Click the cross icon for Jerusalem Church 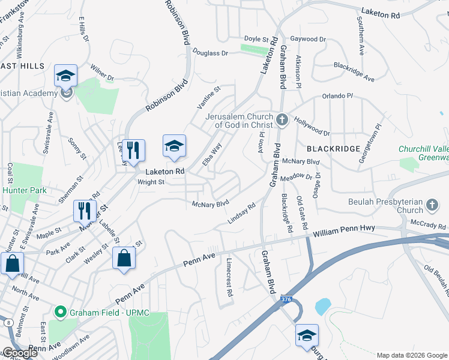(x=283, y=120)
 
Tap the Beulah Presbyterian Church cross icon (x=431, y=206)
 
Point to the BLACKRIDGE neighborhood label (x=334, y=148)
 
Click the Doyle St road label (x=256, y=39)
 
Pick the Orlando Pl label (x=337, y=96)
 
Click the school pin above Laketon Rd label (x=174, y=146)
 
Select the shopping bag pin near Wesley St (x=124, y=257)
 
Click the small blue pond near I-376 (x=322, y=307)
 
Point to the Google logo (x=19, y=353)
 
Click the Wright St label (x=151, y=182)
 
